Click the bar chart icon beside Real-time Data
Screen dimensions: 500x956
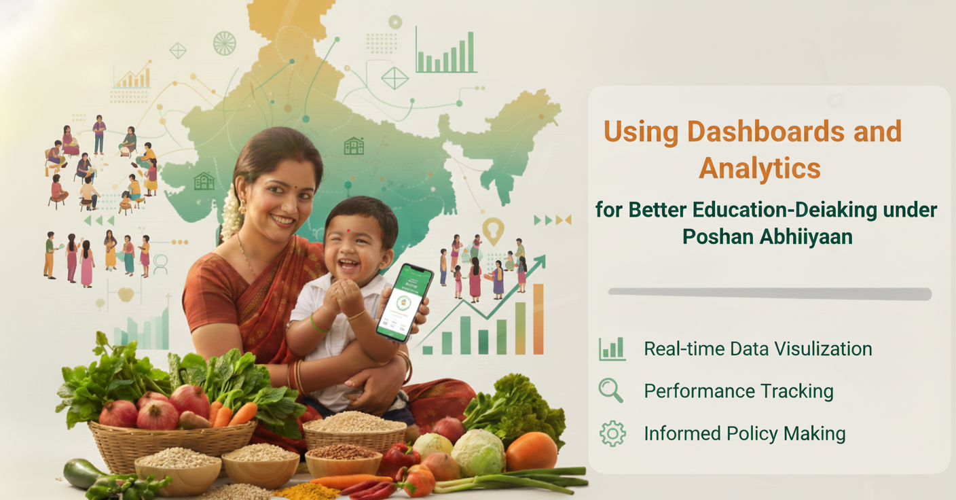coord(612,349)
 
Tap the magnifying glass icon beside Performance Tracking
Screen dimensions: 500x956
coord(610,391)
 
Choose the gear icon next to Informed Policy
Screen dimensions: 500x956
coord(612,433)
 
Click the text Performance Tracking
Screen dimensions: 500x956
coord(738,391)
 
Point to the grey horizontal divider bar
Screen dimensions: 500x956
coord(769,293)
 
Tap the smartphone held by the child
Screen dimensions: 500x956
coord(405,302)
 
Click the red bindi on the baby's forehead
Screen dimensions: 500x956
coord(349,230)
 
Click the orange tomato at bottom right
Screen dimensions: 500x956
coord(532,451)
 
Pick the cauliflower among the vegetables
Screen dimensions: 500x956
coord(479,452)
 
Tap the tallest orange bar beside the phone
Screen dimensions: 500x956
coord(538,319)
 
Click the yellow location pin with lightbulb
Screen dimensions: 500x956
coord(493,230)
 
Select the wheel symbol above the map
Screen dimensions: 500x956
coord(224,43)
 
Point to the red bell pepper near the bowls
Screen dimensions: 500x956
coord(399,458)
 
